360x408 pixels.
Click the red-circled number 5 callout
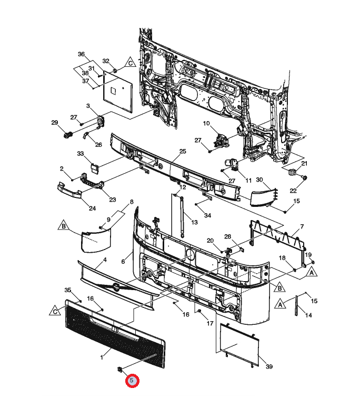pos(132,381)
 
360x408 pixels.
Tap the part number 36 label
pos(81,54)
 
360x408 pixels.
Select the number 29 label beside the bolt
pos(55,123)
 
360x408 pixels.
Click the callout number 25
pos(183,151)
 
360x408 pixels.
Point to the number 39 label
pos(269,366)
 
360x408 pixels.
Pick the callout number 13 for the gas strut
pos(195,222)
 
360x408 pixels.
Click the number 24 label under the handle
pos(92,208)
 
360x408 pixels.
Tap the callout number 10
pos(206,123)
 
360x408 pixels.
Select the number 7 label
pos(302,227)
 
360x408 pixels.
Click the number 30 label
pos(259,180)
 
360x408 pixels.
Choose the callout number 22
pos(293,191)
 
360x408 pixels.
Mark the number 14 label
pos(308,315)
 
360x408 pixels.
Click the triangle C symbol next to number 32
pos(130,63)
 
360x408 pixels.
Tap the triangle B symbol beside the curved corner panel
pos(64,226)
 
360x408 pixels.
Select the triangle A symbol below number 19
pos(312,272)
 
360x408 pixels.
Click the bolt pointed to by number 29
pos(68,135)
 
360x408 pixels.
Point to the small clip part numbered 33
pos(94,167)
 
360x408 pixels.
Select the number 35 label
pos(67,290)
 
